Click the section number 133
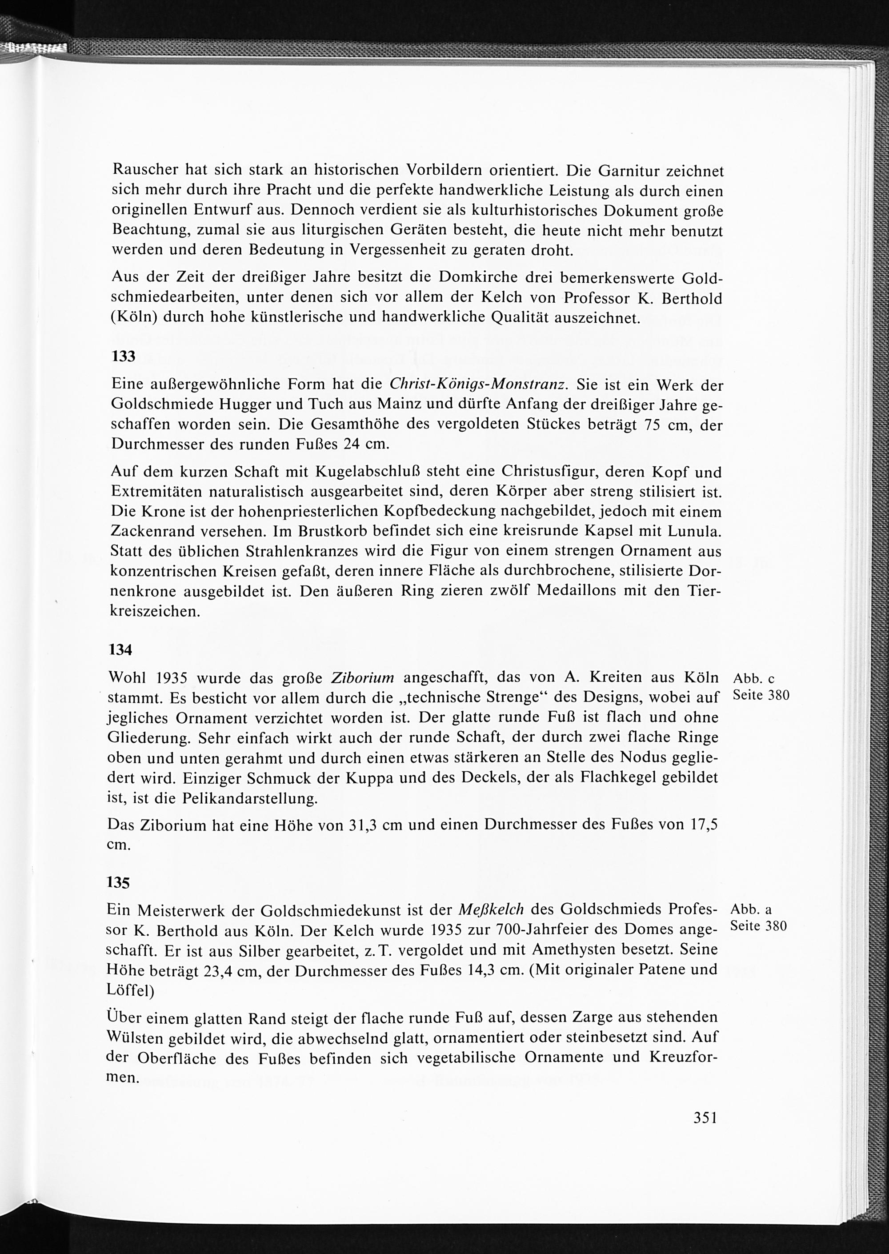point(123,357)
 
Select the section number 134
point(121,650)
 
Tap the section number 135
point(119,883)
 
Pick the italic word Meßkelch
point(490,909)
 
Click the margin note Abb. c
point(754,679)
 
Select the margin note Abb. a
point(751,909)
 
